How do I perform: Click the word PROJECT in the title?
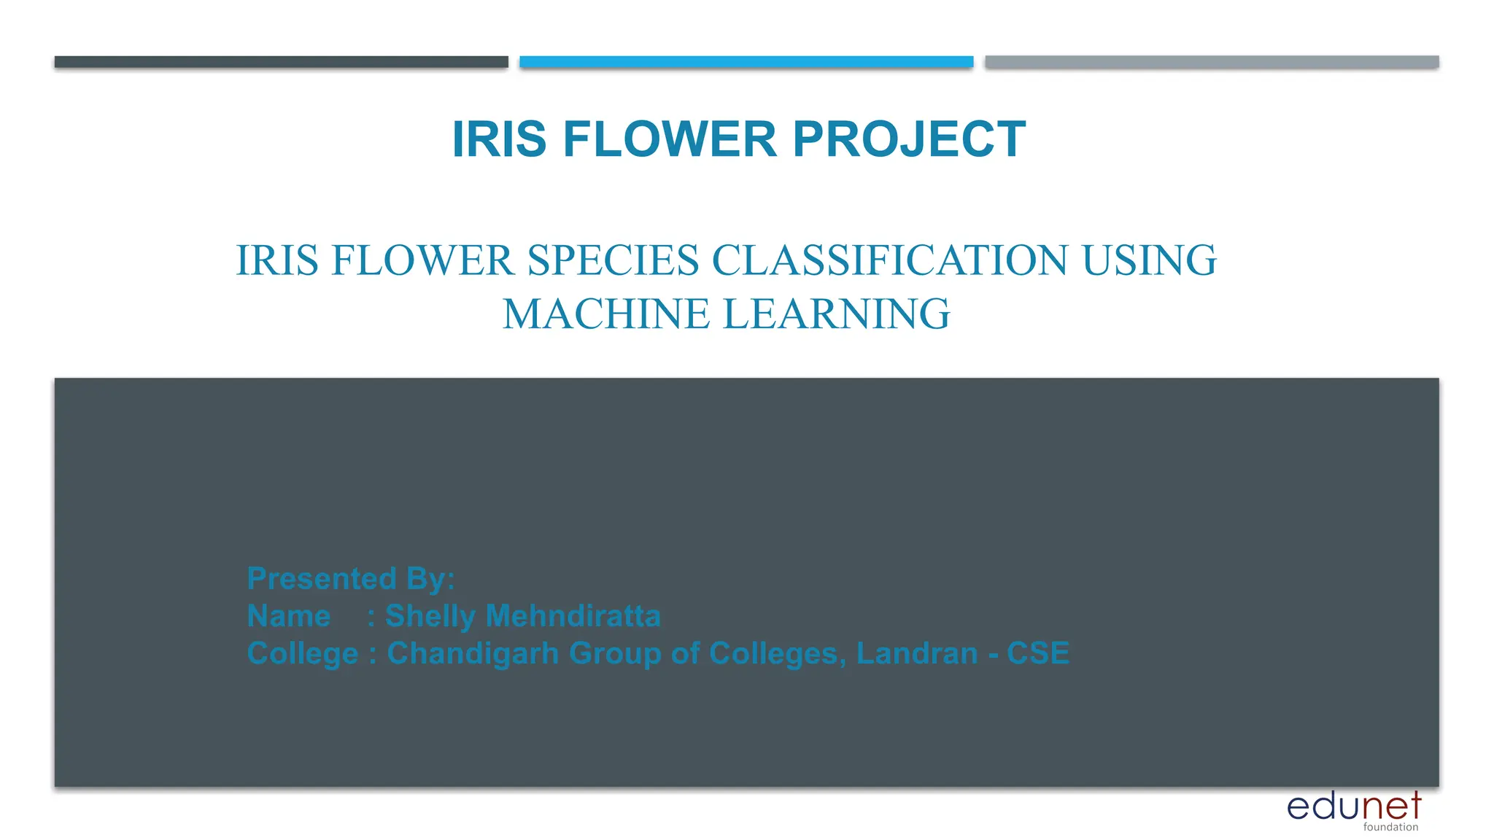(909, 139)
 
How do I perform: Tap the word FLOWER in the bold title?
(669, 139)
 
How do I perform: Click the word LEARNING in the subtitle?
(836, 314)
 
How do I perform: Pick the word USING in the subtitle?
(1149, 260)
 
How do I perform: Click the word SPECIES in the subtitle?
(613, 260)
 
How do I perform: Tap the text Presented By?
(351, 579)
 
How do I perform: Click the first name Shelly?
(430, 616)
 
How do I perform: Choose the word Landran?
(916, 653)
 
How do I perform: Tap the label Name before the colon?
(289, 616)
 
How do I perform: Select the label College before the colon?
(303, 654)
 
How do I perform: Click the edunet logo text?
(1353, 806)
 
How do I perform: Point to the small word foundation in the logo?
(1390, 827)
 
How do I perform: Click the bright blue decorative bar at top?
(746, 62)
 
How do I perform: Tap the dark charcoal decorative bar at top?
(281, 62)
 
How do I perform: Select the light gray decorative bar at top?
(1212, 62)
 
